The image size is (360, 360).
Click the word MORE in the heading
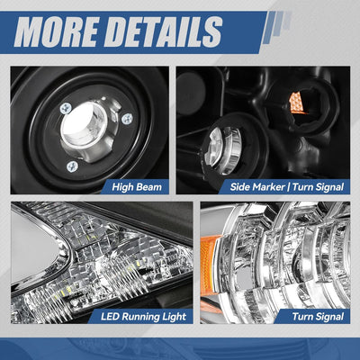tap(56, 31)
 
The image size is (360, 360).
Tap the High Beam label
tap(137, 187)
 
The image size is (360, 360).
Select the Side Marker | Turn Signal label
tap(287, 187)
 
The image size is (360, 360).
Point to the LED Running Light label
tap(143, 317)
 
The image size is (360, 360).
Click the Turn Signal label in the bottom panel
tap(318, 317)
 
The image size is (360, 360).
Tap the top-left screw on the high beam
tap(66, 108)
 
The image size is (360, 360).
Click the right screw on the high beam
tap(128, 119)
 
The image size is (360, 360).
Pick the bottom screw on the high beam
tap(72, 166)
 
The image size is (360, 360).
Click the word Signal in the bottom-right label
tap(329, 317)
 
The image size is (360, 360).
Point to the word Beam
tap(149, 187)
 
